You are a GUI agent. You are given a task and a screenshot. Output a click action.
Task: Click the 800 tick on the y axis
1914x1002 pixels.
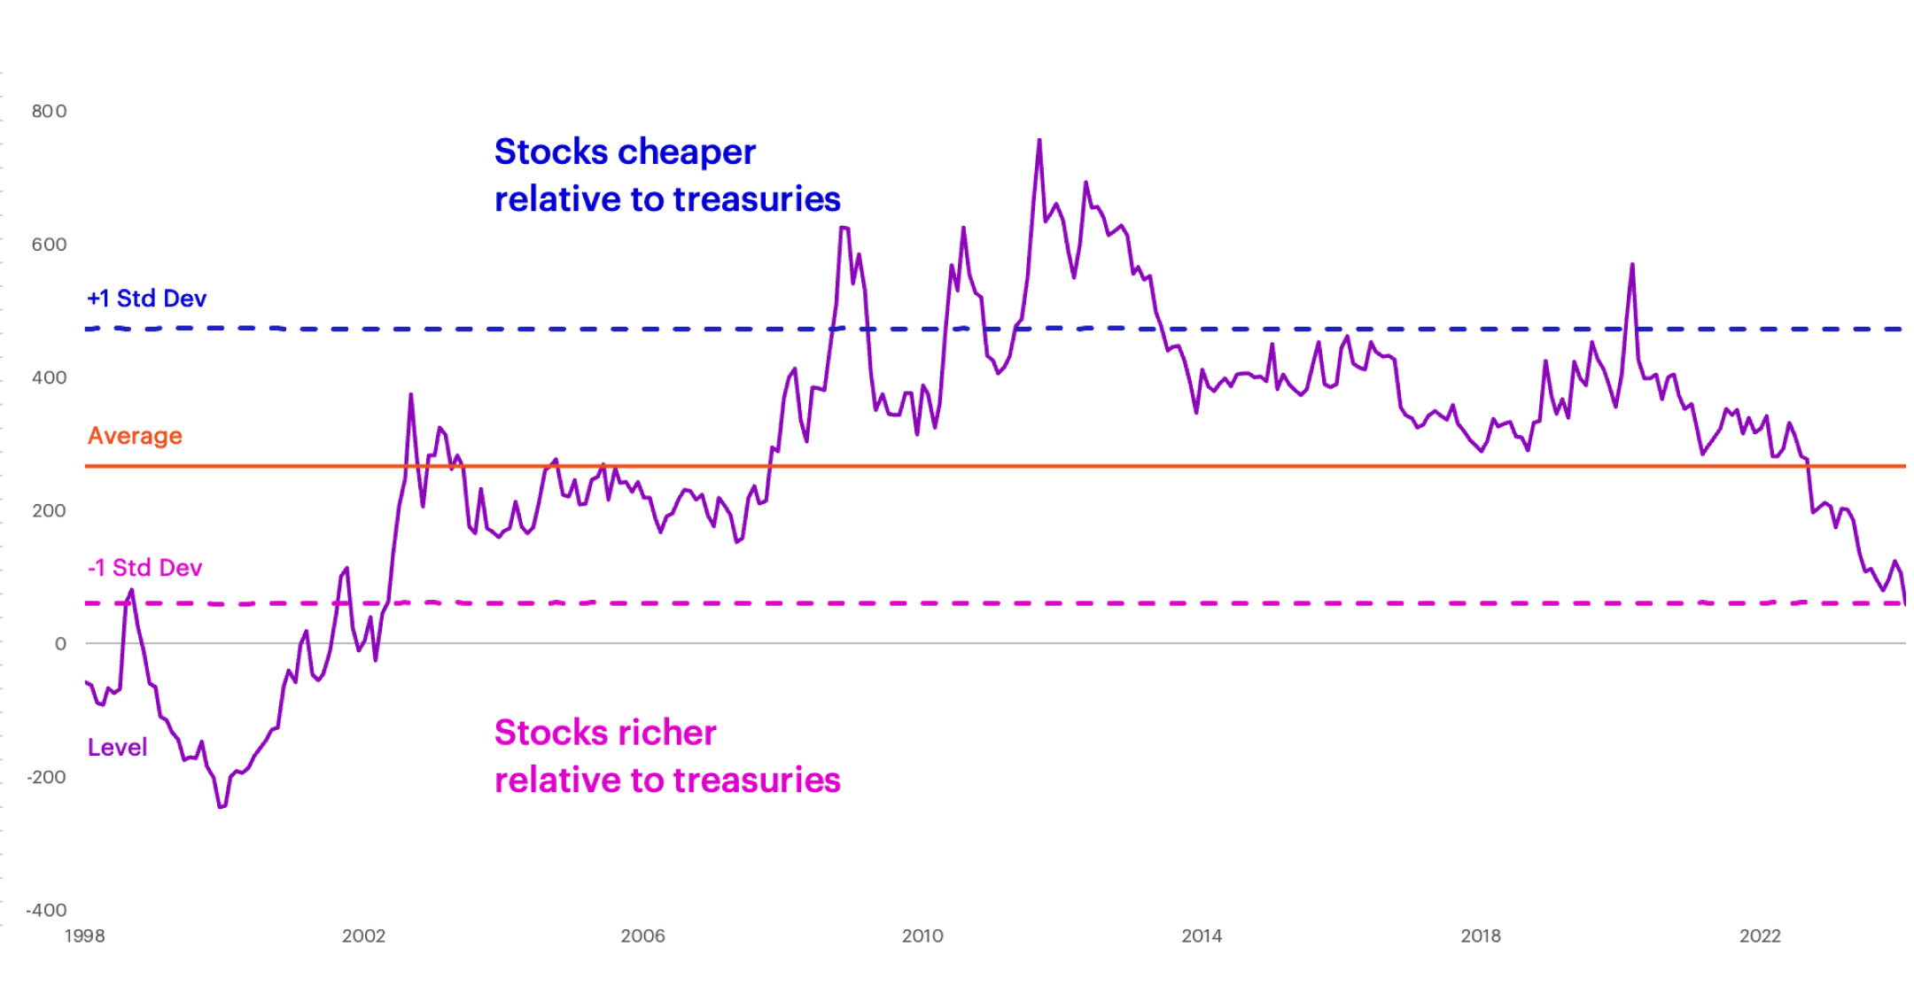[x=49, y=111]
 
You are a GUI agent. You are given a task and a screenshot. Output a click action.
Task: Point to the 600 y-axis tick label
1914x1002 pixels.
[x=49, y=245]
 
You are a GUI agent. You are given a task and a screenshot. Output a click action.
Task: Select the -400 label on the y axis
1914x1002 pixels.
[x=46, y=910]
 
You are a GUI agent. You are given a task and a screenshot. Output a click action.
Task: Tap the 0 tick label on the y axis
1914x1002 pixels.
[x=60, y=644]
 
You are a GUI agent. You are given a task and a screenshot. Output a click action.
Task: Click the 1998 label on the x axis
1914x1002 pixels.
[x=84, y=936]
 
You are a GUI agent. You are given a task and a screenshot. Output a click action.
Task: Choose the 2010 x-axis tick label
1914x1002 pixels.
[x=922, y=936]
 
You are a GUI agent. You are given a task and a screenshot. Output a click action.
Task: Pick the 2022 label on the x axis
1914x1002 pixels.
[x=1760, y=936]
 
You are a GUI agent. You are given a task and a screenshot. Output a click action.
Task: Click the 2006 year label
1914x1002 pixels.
[x=642, y=936]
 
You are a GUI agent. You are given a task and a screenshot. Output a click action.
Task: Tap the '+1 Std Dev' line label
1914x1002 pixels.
[x=147, y=299]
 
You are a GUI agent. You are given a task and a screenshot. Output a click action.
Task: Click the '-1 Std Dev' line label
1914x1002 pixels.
[x=144, y=568]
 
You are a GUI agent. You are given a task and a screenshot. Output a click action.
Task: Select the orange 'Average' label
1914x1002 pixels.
[x=135, y=436]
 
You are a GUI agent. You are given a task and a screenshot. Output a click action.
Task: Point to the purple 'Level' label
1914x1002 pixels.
[x=117, y=748]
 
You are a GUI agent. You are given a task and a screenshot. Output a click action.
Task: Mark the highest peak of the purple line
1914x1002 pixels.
[x=1039, y=140]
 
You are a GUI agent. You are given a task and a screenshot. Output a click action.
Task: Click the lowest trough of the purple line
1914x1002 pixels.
[x=221, y=806]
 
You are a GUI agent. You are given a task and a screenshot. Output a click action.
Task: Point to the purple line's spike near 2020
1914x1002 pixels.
[x=1631, y=265]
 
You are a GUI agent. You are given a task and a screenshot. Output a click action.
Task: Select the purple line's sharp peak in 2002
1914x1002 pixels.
[x=410, y=395]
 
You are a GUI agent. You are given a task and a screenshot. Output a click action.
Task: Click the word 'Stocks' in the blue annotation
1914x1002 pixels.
[x=546, y=152]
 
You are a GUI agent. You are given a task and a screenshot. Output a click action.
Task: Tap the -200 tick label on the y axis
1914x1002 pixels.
[x=46, y=777]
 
